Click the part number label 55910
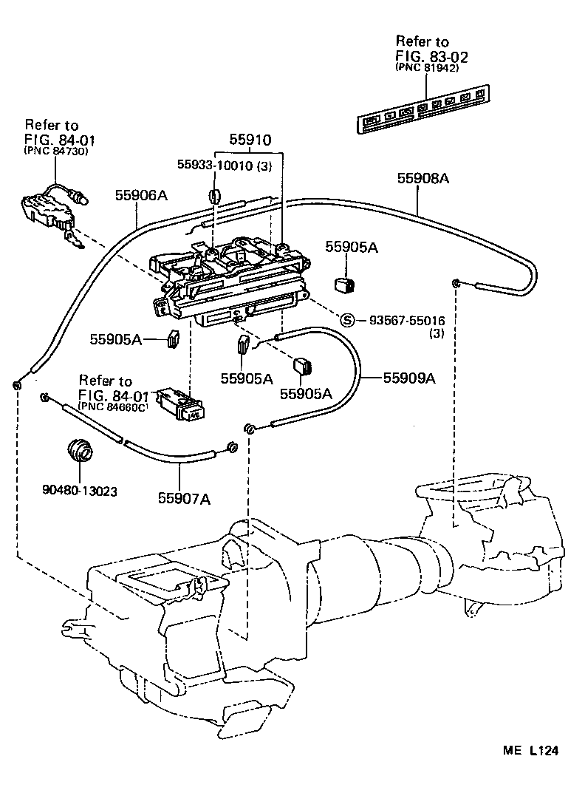tap(250, 140)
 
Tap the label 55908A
tap(423, 177)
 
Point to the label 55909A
tap(408, 378)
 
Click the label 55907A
tap(184, 498)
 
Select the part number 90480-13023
tap(81, 490)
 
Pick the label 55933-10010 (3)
tap(225, 166)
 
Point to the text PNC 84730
tap(55, 151)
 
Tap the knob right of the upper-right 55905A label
tap(342, 283)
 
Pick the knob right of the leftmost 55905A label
tap(174, 338)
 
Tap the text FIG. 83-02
tap(432, 55)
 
